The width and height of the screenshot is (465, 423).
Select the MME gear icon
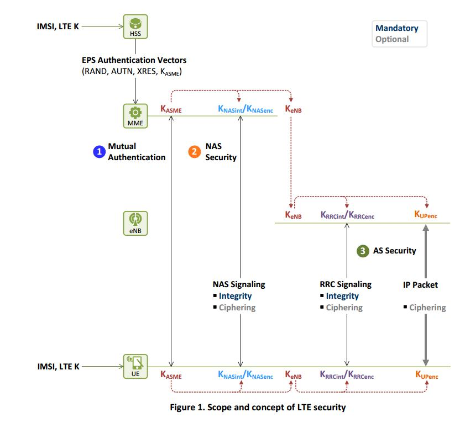[x=135, y=115]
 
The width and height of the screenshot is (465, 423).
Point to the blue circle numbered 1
[x=99, y=151]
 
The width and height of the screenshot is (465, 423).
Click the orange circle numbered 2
[x=194, y=151]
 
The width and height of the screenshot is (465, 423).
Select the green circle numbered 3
[x=363, y=251]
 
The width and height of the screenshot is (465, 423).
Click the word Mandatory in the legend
[x=396, y=28]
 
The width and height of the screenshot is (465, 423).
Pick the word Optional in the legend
[x=392, y=39]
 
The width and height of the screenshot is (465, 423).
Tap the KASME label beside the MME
[x=171, y=110]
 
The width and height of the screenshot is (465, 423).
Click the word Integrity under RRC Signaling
[x=342, y=296]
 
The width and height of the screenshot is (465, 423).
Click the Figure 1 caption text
[x=257, y=408]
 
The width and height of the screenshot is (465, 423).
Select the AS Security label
[x=394, y=251]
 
